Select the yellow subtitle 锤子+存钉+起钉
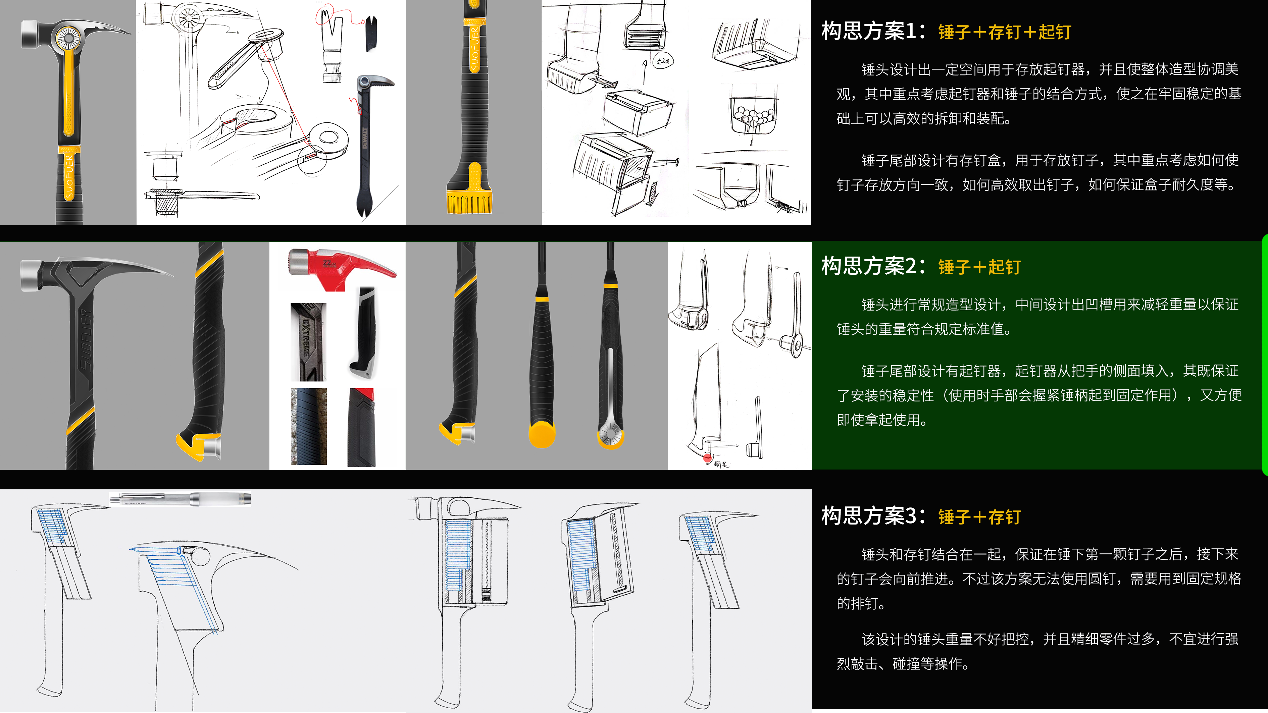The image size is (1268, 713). pos(1004,33)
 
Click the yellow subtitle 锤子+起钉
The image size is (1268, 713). pos(979,267)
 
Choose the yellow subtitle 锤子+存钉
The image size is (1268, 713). pos(979,517)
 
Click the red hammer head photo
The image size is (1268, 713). pos(340,268)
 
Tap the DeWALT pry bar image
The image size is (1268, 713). pos(367,148)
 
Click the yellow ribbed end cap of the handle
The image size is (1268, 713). pos(469,202)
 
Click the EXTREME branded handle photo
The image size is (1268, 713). pos(308,342)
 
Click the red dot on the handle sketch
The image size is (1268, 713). pos(707,458)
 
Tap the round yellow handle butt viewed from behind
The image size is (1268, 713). pos(542,434)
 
